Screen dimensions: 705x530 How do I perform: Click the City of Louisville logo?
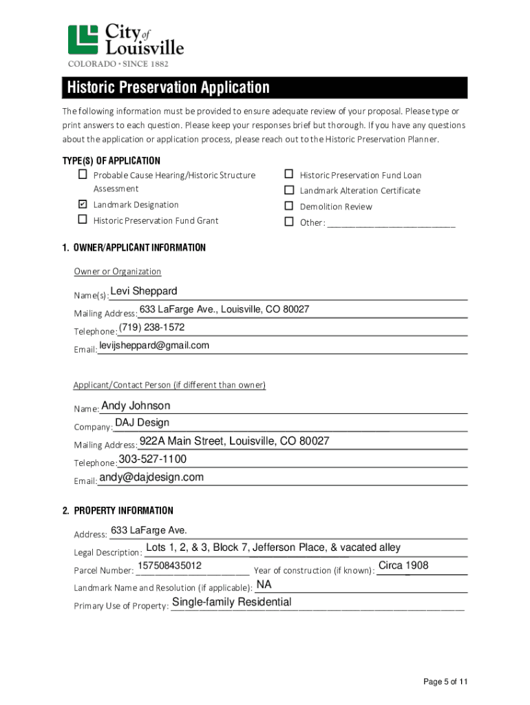[x=126, y=45]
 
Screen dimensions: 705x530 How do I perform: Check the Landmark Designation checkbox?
[x=82, y=204]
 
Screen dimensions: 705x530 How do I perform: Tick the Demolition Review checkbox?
[x=289, y=206]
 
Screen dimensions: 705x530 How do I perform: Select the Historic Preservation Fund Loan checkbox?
[x=289, y=175]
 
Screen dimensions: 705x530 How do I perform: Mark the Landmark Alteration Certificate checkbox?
[x=289, y=190]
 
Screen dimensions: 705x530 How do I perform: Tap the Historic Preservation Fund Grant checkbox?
[x=82, y=220]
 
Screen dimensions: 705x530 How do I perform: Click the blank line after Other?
[x=391, y=223]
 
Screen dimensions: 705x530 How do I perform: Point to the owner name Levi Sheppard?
[x=144, y=291]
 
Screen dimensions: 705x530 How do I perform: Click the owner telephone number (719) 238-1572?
[x=151, y=327]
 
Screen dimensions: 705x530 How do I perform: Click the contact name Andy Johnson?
[x=136, y=406]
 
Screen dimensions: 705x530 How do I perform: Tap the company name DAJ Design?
[x=142, y=423]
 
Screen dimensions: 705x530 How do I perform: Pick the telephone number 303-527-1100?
[x=153, y=459]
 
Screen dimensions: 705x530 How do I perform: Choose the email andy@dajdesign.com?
[x=151, y=477]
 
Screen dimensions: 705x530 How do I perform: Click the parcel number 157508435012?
[x=169, y=565]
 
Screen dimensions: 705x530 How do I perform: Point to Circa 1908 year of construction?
[x=403, y=565]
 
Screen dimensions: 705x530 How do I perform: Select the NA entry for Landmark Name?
[x=264, y=585]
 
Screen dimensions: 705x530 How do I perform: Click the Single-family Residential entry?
[x=231, y=602]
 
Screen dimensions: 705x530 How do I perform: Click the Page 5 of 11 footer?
[x=445, y=682]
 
